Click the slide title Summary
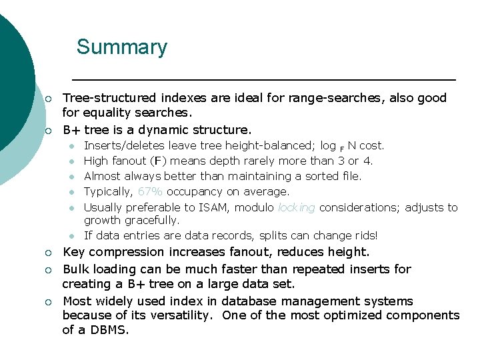click(121, 47)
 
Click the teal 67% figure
click(150, 192)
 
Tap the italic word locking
click(297, 207)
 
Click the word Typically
click(108, 192)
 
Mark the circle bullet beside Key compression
click(47, 253)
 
